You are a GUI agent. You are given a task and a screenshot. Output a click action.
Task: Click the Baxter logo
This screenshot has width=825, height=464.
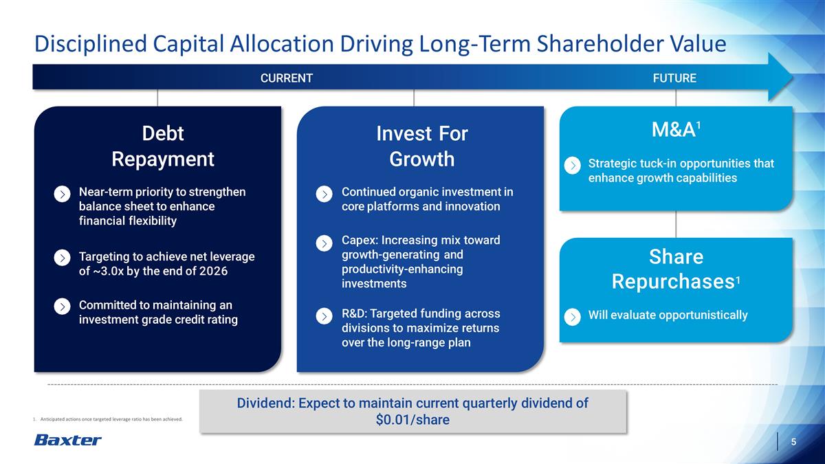point(67,440)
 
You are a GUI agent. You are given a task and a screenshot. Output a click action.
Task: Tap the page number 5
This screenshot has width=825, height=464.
point(793,441)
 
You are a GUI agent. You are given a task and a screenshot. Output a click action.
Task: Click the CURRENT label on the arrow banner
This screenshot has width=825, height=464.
point(286,78)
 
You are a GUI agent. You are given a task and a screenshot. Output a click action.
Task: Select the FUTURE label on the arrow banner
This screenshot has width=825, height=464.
point(674,78)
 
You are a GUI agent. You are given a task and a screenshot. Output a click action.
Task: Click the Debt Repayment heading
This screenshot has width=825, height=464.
point(163,146)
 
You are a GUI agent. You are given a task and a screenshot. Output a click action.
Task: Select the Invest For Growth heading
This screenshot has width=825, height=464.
point(421,146)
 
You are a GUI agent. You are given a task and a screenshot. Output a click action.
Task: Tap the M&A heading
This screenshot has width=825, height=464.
point(675,129)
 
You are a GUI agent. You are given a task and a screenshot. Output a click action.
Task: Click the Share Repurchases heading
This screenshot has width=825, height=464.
point(675,269)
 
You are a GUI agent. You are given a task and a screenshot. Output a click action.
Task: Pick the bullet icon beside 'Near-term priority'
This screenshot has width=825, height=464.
point(62,194)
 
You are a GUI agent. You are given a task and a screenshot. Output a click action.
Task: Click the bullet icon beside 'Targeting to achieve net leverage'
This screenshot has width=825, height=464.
point(62,257)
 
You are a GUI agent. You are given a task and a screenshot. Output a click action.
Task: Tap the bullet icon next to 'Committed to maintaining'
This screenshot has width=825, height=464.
point(62,306)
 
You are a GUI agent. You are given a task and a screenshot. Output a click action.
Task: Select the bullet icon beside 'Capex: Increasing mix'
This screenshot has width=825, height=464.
point(324,243)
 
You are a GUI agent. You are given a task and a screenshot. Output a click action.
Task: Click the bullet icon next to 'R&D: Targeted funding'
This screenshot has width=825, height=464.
point(324,316)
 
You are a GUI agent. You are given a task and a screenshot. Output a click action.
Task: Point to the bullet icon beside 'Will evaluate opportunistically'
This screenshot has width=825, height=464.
point(572,316)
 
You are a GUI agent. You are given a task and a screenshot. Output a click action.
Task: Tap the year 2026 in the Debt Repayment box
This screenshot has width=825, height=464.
point(212,271)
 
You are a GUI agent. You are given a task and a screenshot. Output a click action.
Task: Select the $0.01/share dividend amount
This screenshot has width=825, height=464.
point(412,420)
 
